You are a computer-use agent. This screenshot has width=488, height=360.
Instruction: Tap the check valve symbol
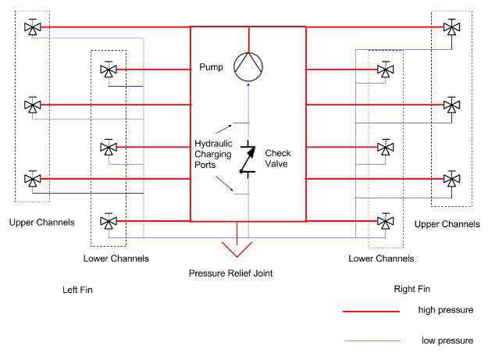248,159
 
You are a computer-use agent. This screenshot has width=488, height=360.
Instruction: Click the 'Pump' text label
211,67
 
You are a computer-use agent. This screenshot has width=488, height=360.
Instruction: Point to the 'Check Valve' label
278,159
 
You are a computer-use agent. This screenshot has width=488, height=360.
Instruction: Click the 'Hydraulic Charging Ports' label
213,154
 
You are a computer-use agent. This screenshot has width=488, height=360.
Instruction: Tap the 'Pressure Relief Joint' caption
230,273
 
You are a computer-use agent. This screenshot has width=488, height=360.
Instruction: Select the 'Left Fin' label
77,290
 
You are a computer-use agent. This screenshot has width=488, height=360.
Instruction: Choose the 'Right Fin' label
412,289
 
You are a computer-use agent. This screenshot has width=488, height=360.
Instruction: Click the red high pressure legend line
371,311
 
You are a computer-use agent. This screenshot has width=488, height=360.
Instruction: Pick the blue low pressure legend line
372,341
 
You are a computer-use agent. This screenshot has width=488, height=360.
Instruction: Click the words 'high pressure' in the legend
446,310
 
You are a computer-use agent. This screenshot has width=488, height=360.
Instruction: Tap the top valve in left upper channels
32,27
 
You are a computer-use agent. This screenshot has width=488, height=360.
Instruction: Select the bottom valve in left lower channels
109,222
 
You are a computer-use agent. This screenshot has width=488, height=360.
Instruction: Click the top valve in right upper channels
451,27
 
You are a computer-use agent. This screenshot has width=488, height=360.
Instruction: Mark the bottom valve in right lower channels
385,222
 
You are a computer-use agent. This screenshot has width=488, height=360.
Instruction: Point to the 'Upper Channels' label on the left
41,223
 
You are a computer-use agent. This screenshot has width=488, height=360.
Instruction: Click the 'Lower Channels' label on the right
381,258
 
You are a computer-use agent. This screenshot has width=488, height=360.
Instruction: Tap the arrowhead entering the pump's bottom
248,84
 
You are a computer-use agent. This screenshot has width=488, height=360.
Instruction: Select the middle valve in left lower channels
109,148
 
